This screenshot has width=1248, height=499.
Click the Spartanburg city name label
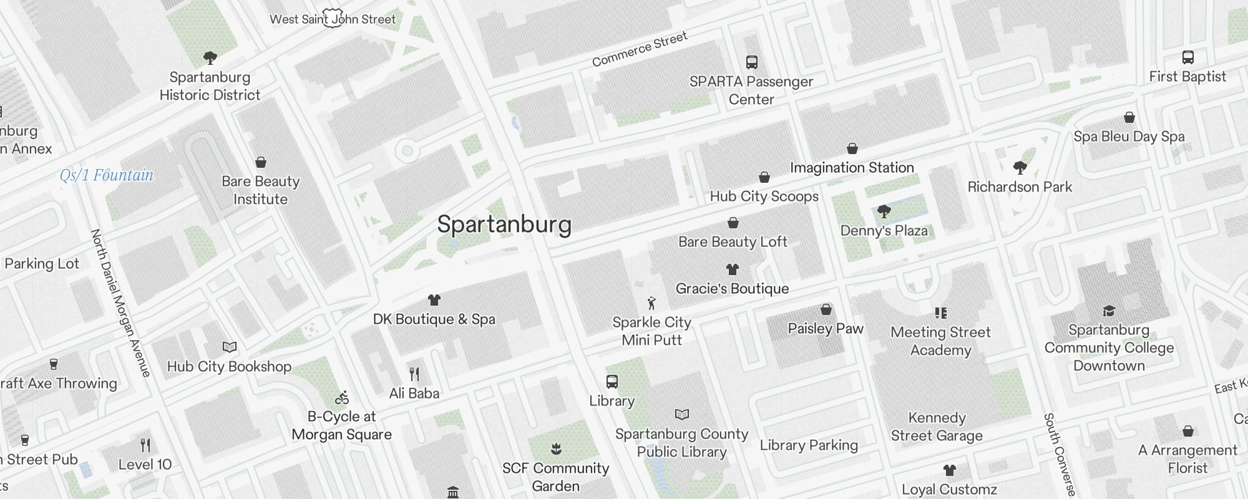point(504,225)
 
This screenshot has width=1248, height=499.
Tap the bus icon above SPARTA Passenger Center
point(752,62)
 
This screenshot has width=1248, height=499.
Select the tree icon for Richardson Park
point(1020,167)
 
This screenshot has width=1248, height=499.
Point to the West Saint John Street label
point(333,19)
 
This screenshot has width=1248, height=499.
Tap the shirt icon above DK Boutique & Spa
point(434,300)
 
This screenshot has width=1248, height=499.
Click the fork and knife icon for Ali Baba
point(414,374)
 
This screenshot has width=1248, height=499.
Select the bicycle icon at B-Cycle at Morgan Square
point(342,397)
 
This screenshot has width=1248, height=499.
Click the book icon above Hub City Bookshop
point(230,347)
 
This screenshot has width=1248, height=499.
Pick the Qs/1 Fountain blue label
point(107,175)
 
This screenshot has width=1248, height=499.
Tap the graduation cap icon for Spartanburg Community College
point(1109,311)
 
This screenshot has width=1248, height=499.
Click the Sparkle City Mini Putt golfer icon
point(652,303)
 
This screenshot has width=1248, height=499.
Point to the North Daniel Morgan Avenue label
point(122,303)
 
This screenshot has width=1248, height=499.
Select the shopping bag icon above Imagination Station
point(852,148)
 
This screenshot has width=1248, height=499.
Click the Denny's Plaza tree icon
point(884,211)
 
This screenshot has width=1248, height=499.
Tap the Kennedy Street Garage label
point(937,427)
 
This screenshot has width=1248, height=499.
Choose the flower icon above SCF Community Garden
point(556,448)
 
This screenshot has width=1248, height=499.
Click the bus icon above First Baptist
point(1188,57)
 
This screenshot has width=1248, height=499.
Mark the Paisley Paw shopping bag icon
point(826,309)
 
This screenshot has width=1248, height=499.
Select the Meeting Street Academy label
point(940,341)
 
